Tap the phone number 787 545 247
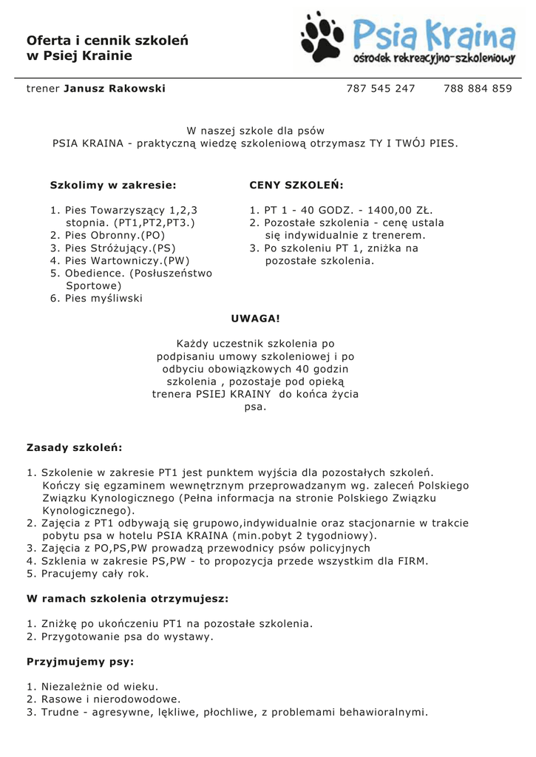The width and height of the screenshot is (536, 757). point(381,89)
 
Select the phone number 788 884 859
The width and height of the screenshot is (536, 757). point(478,89)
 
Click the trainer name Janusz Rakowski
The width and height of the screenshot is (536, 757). point(115,89)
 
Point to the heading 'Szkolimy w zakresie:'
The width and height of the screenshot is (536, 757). point(113,185)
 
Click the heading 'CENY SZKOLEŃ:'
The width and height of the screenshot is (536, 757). point(296,185)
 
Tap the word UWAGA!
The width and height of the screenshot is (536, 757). point(256,319)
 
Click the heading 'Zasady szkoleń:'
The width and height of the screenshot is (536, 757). point(75,447)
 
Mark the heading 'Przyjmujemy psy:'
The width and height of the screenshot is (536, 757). point(81,661)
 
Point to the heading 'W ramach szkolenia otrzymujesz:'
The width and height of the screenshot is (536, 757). point(128,598)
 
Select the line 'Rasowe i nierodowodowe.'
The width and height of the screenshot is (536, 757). point(111,699)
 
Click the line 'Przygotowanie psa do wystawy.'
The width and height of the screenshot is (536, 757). point(127,636)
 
